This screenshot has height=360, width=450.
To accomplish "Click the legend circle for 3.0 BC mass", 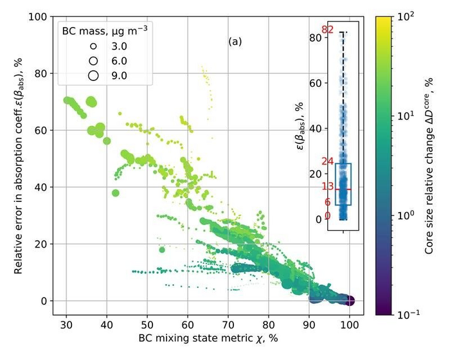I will [93, 46].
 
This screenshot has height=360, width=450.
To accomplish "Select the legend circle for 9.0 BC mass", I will [93, 75].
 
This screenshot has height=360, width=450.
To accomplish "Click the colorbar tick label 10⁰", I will [404, 215].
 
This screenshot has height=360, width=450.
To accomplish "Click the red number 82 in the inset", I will [328, 30].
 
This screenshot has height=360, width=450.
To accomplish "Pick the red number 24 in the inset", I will [327, 163].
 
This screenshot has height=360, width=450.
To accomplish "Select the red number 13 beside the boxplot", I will [327, 187].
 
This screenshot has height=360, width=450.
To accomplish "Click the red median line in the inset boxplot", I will [343, 189].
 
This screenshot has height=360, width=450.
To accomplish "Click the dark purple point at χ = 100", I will [350, 300].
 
